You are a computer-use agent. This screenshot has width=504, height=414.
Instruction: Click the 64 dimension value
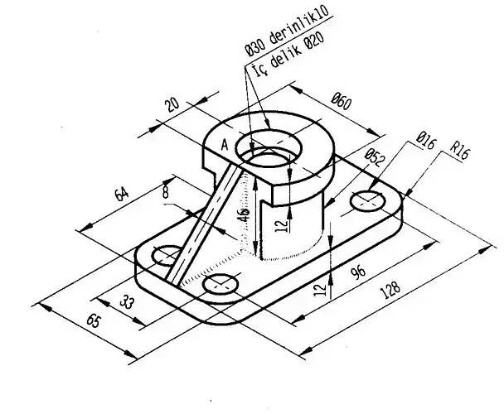122,193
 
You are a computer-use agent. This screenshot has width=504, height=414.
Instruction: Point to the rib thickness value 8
166,192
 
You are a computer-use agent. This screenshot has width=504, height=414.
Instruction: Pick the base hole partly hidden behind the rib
167,254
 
